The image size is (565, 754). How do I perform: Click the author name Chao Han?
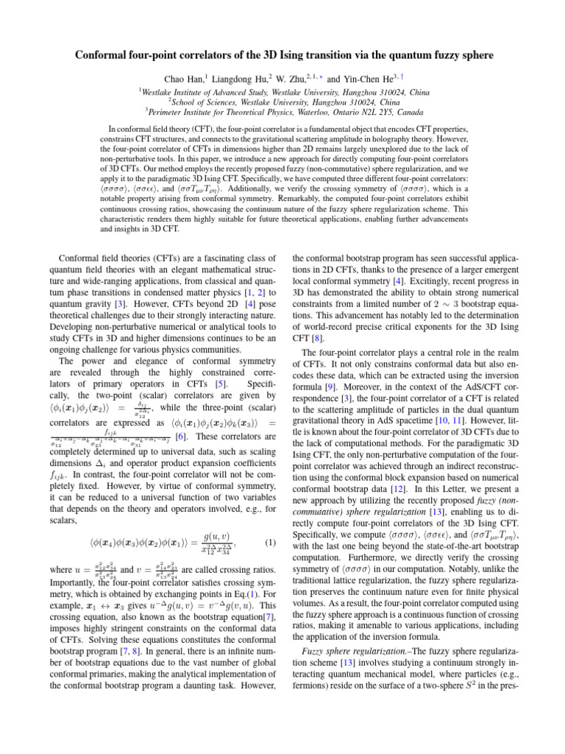[181, 78]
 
